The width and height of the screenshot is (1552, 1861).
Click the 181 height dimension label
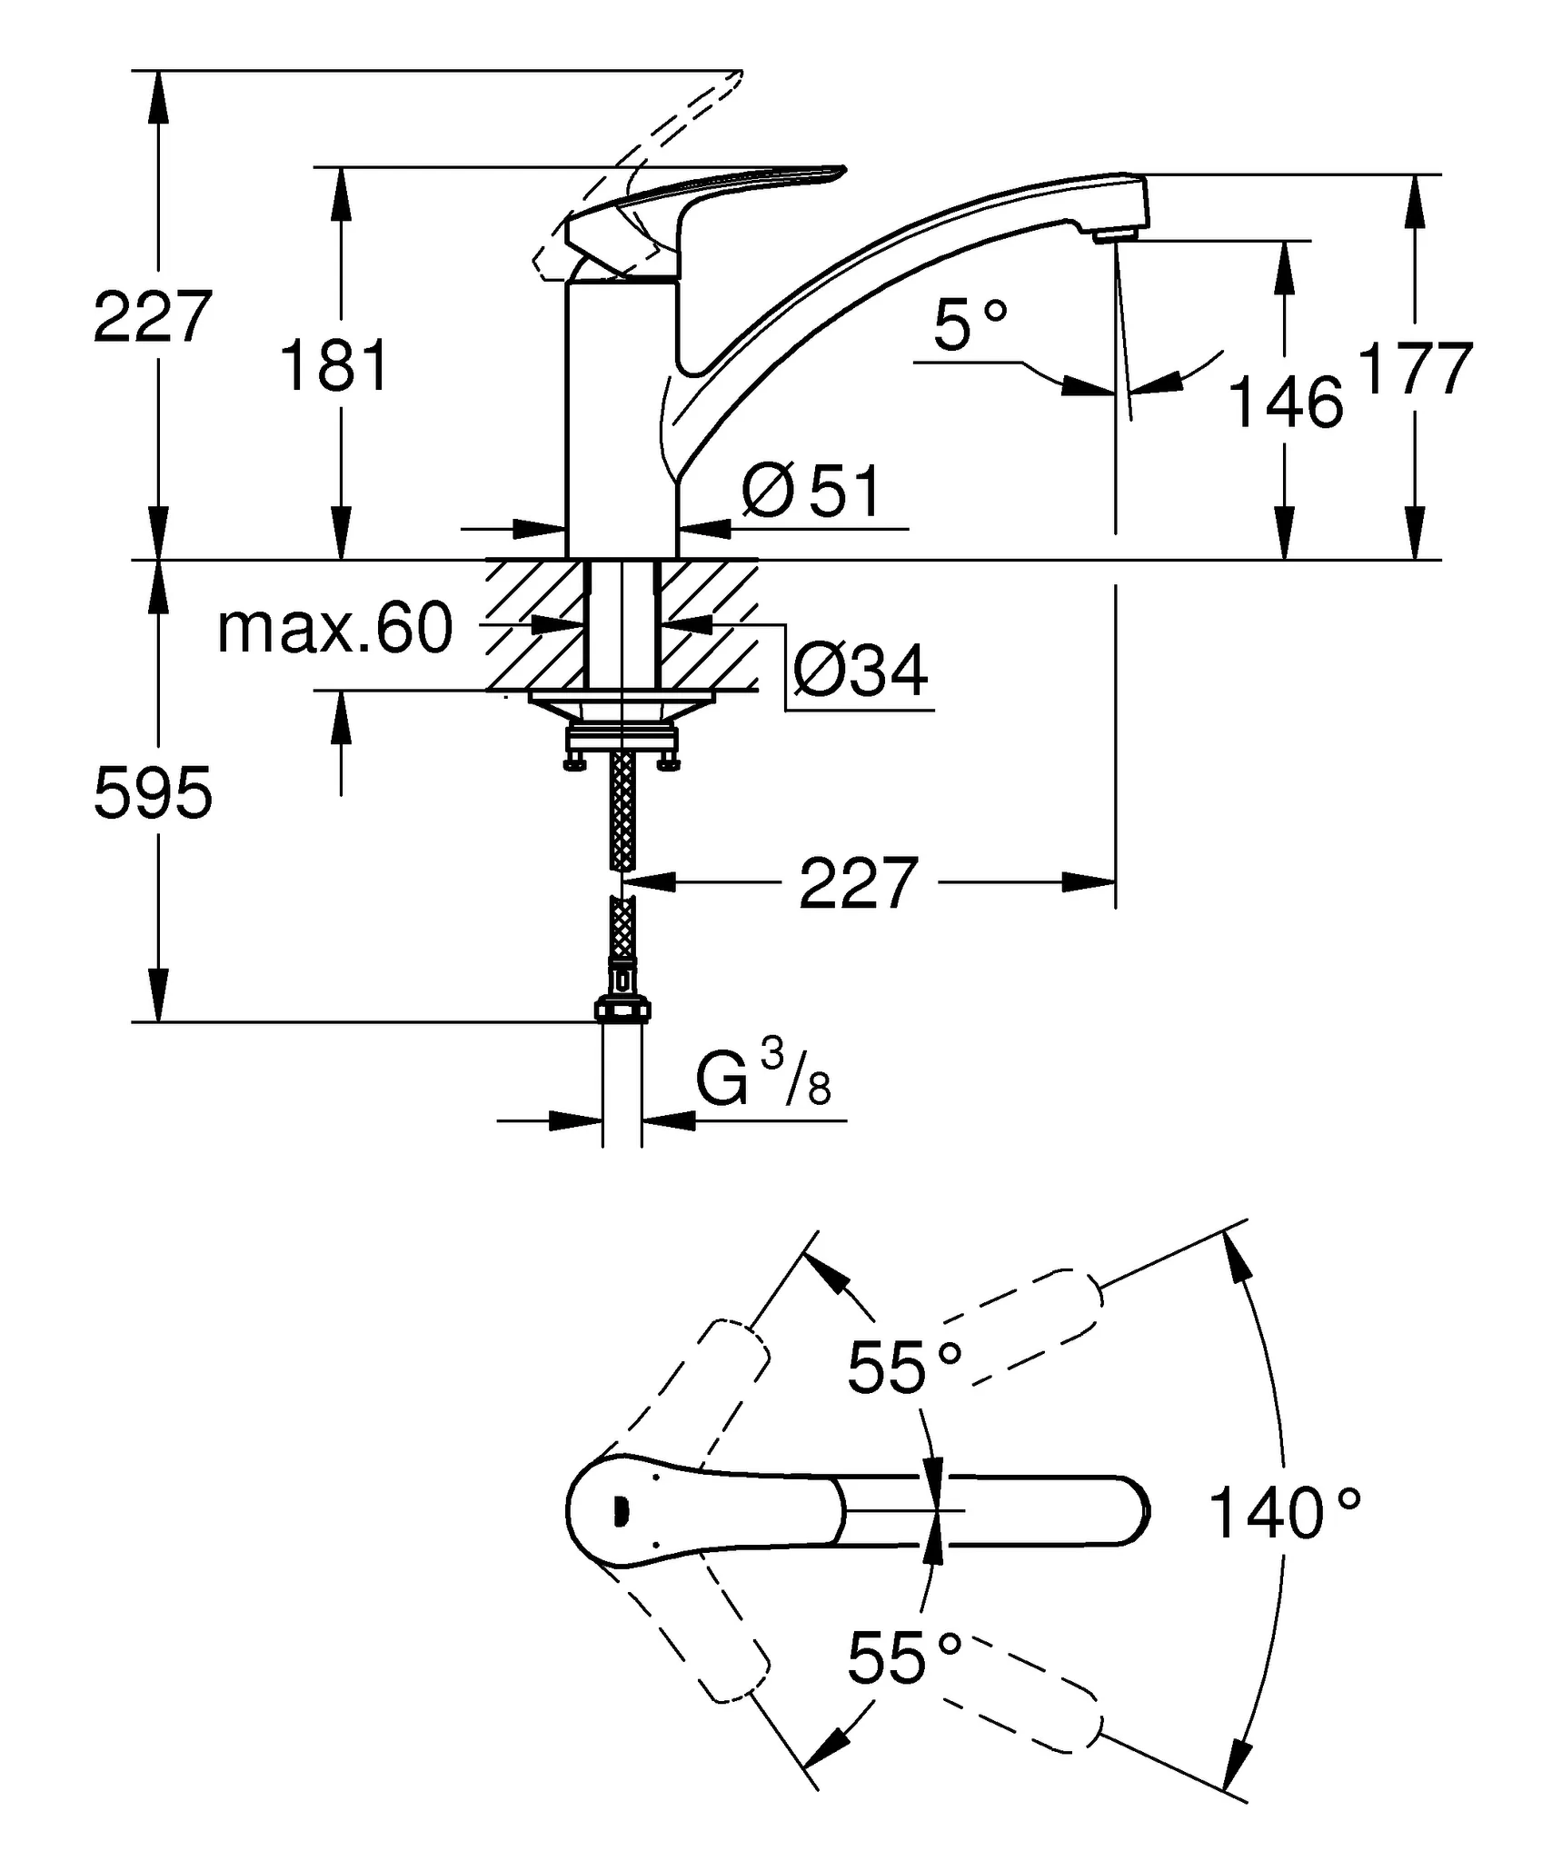[x=335, y=365]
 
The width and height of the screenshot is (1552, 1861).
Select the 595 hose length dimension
[x=153, y=793]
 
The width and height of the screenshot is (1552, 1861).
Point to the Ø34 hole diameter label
[x=861, y=671]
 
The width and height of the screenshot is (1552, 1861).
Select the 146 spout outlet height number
[x=1286, y=403]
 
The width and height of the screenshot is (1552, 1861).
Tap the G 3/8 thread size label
[x=763, y=1077]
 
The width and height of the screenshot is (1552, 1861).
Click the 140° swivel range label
[x=1284, y=1513]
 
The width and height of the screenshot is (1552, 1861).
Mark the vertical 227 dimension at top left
[x=153, y=316]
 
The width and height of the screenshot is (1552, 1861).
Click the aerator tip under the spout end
[x=1115, y=237]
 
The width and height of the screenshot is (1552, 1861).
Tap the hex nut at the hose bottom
[x=622, y=1010]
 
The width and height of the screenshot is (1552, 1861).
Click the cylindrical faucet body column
[x=622, y=418]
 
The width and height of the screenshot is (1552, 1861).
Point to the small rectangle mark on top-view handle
[x=622, y=1510]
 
